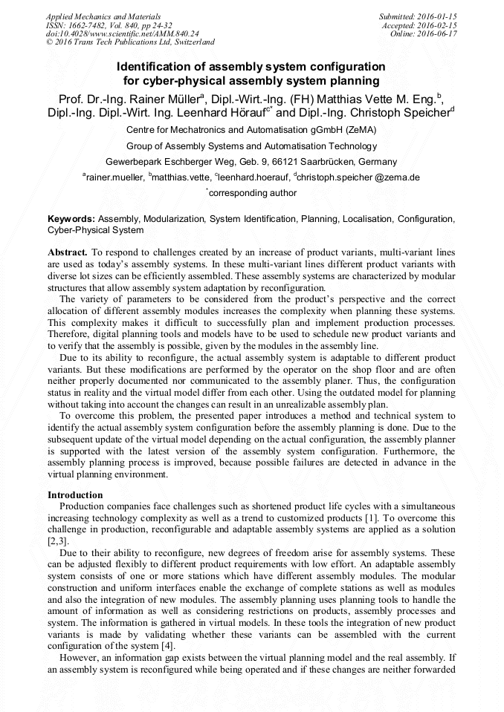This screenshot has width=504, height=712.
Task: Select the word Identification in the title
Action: click(158, 67)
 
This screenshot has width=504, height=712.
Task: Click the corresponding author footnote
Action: click(251, 193)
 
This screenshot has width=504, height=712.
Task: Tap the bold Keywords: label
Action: click(71, 220)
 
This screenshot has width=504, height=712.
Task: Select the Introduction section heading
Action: click(75, 494)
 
